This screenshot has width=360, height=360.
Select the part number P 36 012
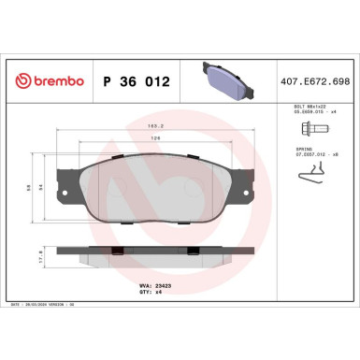135,81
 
